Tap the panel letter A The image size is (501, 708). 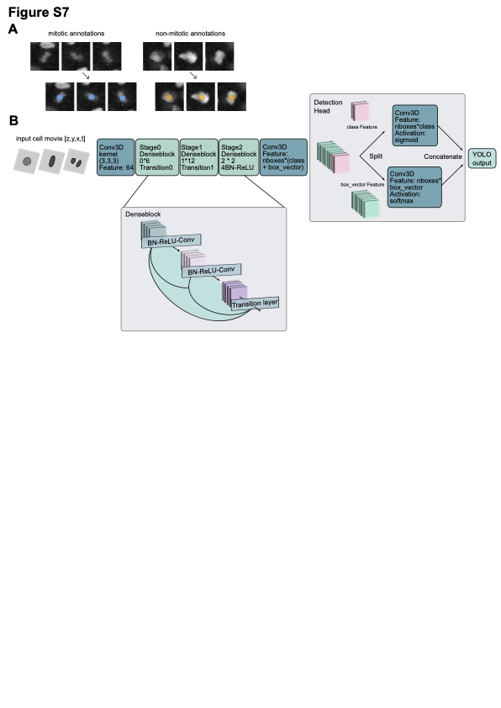coord(13,30)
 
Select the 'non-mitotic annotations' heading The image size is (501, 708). coord(190,34)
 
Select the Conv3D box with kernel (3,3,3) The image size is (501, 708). coord(115,157)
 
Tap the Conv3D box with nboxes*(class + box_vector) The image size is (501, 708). coord(283,157)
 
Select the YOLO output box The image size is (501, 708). coord(480,156)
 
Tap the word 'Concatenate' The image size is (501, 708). coord(442,156)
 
